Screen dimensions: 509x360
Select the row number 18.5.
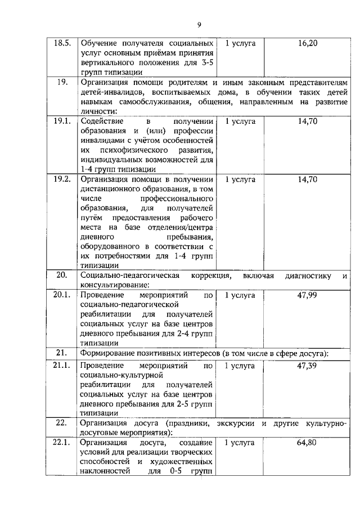(62, 43)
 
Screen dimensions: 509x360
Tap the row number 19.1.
(62, 121)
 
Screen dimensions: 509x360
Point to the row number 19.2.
(62, 179)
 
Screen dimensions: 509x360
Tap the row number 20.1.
(62, 294)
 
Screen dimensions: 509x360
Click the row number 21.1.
(62, 366)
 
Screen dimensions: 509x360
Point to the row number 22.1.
(62, 443)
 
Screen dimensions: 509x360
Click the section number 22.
(62, 423)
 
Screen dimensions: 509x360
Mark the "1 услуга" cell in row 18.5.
(240, 43)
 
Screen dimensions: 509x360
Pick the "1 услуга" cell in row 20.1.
(240, 294)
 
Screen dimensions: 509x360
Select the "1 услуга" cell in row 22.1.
(240, 443)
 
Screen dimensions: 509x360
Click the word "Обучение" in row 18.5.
(98, 43)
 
